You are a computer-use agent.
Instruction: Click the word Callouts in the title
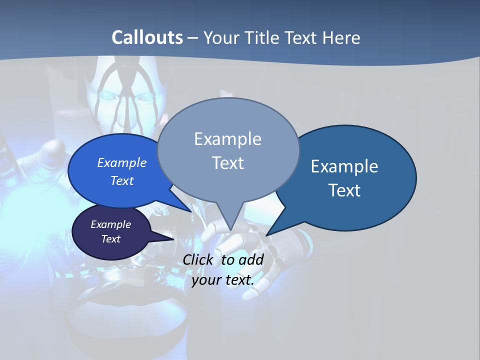pos(147,37)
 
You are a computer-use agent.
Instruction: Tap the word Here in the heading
pos(340,37)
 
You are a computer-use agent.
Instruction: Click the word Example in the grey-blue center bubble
pos(227,139)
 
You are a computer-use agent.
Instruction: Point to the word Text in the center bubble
pos(227,163)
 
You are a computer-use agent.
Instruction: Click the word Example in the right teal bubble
pos(344,166)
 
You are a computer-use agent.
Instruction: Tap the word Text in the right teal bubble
pos(344,190)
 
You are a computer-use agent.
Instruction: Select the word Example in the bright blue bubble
pos(121,163)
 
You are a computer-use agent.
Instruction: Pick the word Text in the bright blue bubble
pos(121,180)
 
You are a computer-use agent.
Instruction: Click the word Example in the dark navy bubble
pos(110,224)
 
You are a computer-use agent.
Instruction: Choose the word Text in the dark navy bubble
pos(110,239)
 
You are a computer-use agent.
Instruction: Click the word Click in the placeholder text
pos(198,260)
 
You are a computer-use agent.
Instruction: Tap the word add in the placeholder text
pos(250,260)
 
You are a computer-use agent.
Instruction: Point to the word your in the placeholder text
pos(206,280)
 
